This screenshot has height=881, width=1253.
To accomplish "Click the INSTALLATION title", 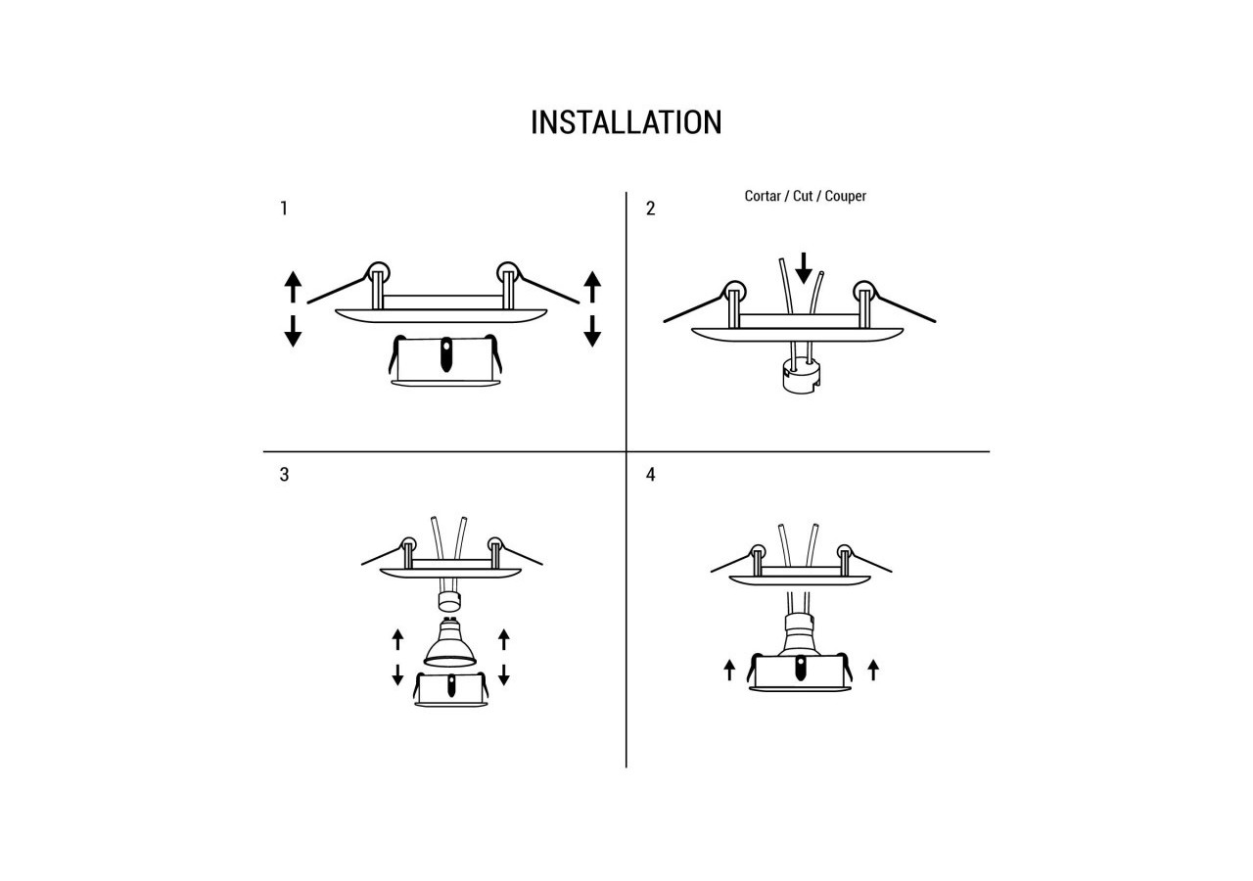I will tap(626, 122).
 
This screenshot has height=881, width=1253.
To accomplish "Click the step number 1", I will tap(284, 209).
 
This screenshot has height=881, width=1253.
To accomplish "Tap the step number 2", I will tap(650, 209).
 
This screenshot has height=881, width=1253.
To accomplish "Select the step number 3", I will tap(284, 475).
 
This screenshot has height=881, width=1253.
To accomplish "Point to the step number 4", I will tap(650, 475).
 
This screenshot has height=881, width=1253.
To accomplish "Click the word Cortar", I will tap(763, 196).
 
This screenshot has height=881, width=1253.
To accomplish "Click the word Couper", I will tap(846, 196).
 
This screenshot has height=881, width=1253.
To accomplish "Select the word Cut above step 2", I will tap(803, 196).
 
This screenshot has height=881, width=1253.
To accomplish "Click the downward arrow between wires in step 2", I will tap(804, 267).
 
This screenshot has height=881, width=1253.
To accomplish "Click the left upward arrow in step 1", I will tap(293, 288).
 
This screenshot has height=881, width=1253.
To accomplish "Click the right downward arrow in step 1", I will tap(591, 331).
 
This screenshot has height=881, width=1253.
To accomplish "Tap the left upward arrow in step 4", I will tap(729, 670).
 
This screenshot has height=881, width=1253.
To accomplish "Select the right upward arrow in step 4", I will tap(873, 670).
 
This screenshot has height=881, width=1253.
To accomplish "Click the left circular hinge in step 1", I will tap(378, 272).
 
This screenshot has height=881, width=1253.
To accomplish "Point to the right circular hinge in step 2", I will tap(863, 291).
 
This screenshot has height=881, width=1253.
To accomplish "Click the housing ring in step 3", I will tap(450, 689).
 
